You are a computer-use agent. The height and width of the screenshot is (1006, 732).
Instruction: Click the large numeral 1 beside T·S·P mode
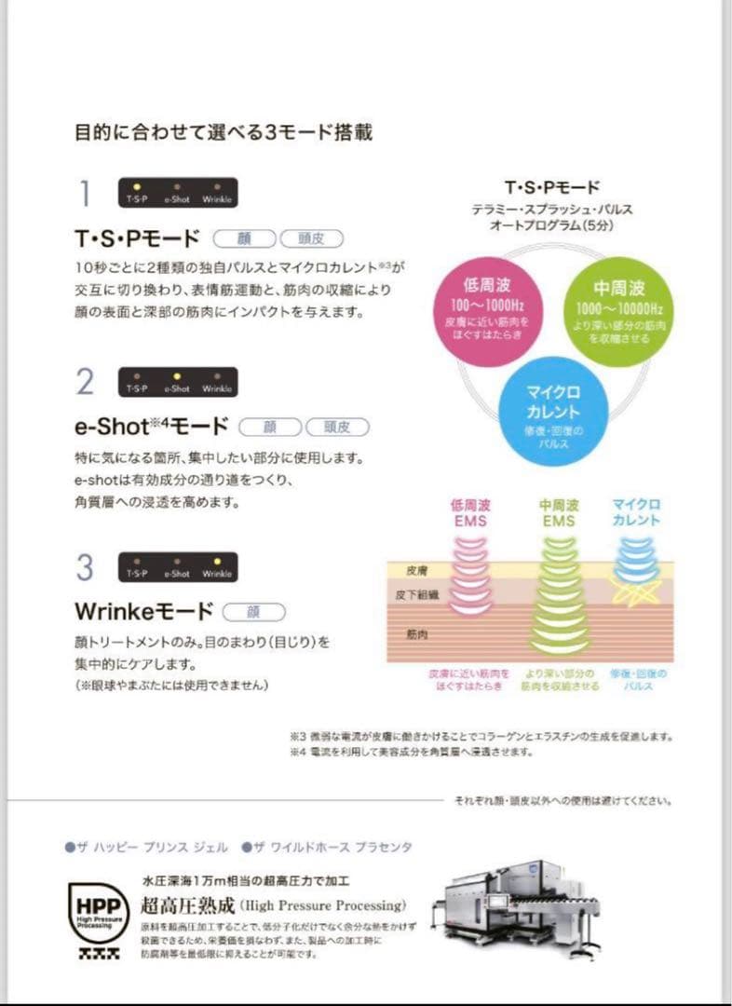pyautogui.click(x=86, y=194)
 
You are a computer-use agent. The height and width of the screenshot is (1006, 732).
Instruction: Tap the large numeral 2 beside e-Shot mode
pyautogui.click(x=86, y=382)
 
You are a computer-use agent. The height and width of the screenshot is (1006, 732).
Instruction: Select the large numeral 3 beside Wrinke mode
pyautogui.click(x=86, y=567)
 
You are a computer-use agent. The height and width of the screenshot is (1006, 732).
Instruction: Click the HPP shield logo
pyautogui.click(x=98, y=909)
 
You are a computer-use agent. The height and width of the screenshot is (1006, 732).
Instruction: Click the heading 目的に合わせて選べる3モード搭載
pyautogui.click(x=224, y=132)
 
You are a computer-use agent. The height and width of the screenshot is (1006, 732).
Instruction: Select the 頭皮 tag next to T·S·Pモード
pyautogui.click(x=312, y=238)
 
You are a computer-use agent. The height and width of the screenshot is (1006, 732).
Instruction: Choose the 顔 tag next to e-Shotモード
pyautogui.click(x=270, y=428)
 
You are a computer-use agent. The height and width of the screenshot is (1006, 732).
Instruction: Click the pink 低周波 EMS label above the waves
pyautogui.click(x=470, y=512)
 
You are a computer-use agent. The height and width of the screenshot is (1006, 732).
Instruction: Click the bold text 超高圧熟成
pyautogui.click(x=187, y=904)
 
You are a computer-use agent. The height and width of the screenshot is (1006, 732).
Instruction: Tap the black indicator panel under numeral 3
pyautogui.click(x=178, y=567)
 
